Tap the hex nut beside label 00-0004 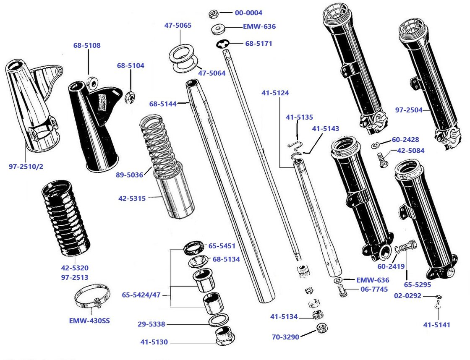[213, 14]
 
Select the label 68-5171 [258, 43]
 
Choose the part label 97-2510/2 [26, 167]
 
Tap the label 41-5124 [275, 92]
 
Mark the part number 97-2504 [409, 110]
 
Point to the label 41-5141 [436, 325]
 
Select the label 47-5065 [178, 25]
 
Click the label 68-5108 [87, 45]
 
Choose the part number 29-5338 [151, 324]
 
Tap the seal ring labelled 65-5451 [193, 248]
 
